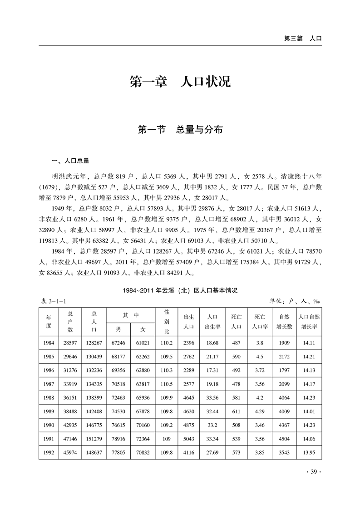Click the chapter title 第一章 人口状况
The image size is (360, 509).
[180, 82]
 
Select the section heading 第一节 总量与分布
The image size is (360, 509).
[180, 130]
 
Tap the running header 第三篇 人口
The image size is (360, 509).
[303, 39]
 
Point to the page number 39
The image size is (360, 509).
[314, 472]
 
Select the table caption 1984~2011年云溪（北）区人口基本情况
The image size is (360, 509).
[180, 290]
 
